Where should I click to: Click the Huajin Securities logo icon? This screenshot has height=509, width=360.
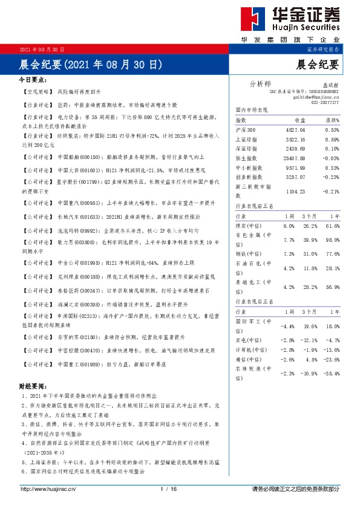(252, 21)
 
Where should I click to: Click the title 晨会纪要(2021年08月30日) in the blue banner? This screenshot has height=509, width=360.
(91, 63)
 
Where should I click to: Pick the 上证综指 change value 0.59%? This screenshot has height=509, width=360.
(332, 139)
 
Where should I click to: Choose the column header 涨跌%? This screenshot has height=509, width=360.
(331, 121)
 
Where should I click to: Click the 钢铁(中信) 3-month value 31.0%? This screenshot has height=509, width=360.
(309, 253)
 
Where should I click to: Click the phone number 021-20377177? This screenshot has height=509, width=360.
(325, 103)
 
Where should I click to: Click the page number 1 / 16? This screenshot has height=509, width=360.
(168, 488)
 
